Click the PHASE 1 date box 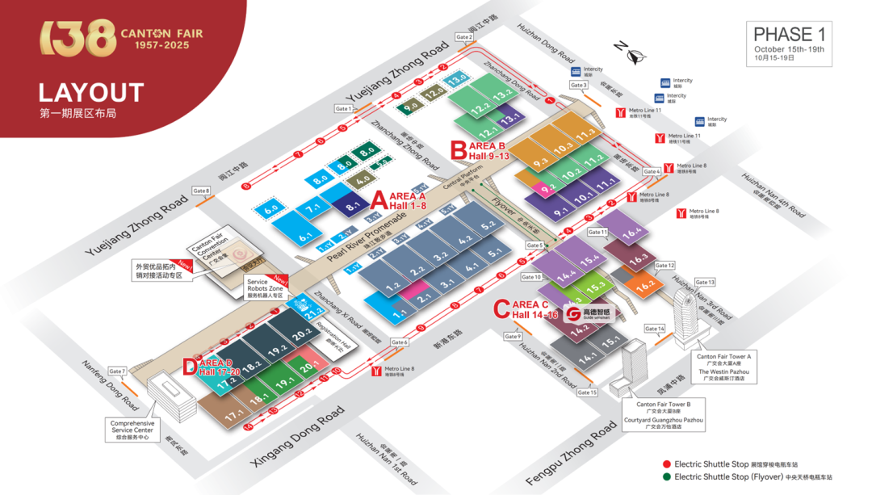[x=790, y=44]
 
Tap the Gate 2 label [x=464, y=37]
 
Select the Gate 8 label [x=201, y=191]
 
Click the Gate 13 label [x=705, y=283]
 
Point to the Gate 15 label [x=587, y=392]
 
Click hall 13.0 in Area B [x=457, y=80]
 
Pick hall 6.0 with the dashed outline [x=271, y=208]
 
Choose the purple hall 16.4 [x=631, y=233]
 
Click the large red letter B [x=458, y=150]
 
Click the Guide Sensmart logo [x=589, y=313]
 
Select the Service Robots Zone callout [x=266, y=289]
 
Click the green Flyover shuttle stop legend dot [x=666, y=476]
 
